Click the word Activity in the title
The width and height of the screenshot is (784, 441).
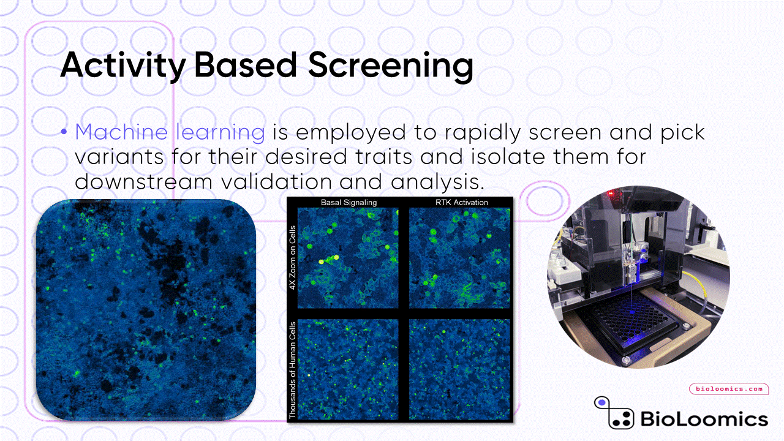(123, 66)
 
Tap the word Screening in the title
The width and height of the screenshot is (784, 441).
(391, 66)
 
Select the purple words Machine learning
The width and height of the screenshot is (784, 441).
(170, 133)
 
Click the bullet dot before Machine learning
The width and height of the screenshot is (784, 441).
(64, 132)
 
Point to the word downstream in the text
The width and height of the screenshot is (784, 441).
(143, 182)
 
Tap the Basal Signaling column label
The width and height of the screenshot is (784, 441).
(349, 202)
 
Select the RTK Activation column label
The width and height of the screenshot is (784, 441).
(461, 202)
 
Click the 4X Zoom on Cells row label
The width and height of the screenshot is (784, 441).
(293, 258)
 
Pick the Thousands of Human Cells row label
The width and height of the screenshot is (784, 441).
(293, 370)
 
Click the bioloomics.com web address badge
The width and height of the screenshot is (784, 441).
(729, 389)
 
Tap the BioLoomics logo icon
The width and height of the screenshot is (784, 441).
(614, 413)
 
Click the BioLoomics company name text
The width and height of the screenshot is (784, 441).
(704, 419)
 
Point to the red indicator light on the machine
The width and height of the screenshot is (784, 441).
(611, 193)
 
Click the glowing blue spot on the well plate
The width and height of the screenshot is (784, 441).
(632, 312)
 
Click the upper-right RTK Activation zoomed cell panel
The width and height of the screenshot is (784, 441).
(459, 258)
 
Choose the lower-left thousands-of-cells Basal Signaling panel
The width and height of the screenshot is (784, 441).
(348, 369)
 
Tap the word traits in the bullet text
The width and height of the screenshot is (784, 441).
(383, 156)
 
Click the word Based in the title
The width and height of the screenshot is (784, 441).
(246, 66)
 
